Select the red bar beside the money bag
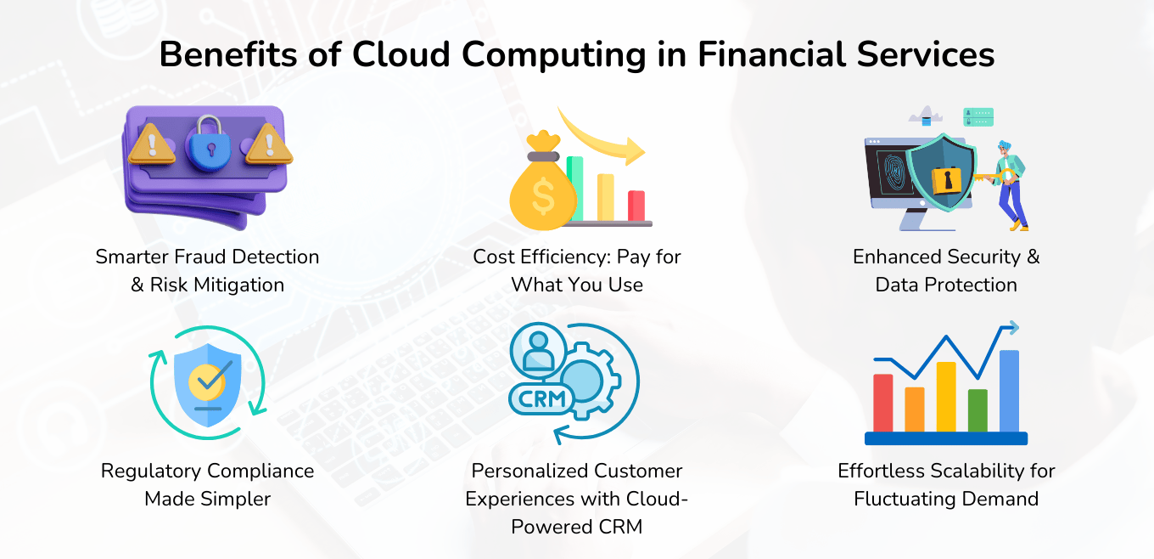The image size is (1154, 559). tap(636, 205)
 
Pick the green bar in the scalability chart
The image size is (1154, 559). tap(978, 409)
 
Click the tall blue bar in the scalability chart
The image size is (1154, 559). tap(1009, 390)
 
